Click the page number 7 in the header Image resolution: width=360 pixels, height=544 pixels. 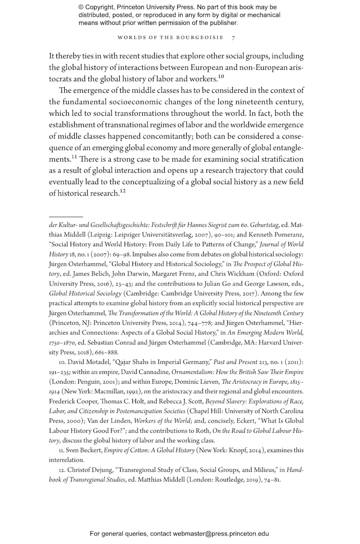pyautogui.click(x=233, y=37)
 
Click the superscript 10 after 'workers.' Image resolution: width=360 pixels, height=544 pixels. pyautogui.click(x=221, y=77)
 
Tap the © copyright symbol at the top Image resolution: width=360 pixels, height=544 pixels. pyautogui.click(x=81, y=8)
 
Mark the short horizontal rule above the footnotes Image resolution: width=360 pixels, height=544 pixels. pyautogui.click(x=66, y=217)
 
